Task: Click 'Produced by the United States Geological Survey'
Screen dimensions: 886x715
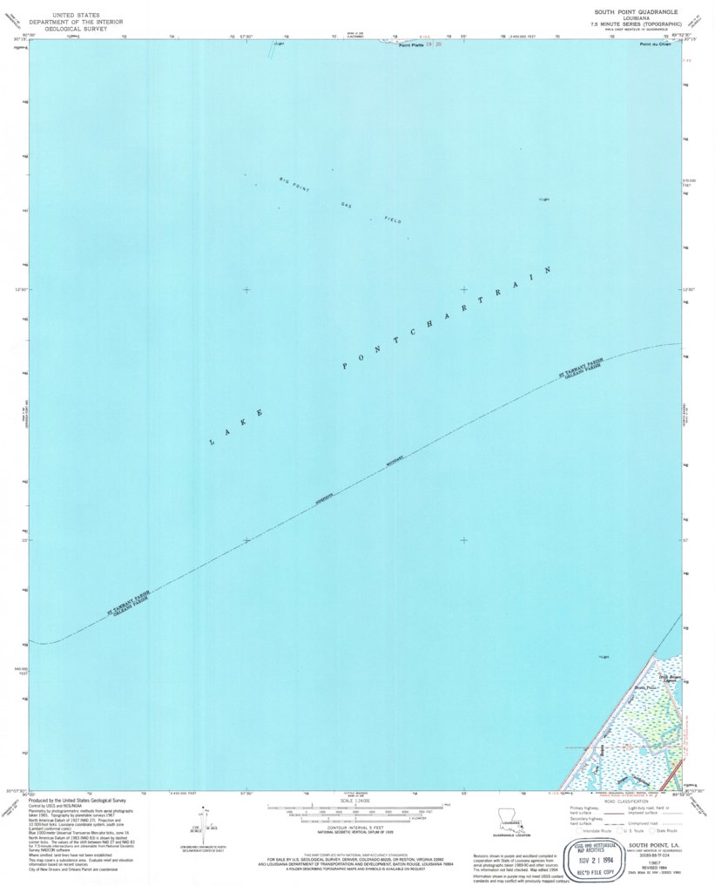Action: point(78,800)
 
